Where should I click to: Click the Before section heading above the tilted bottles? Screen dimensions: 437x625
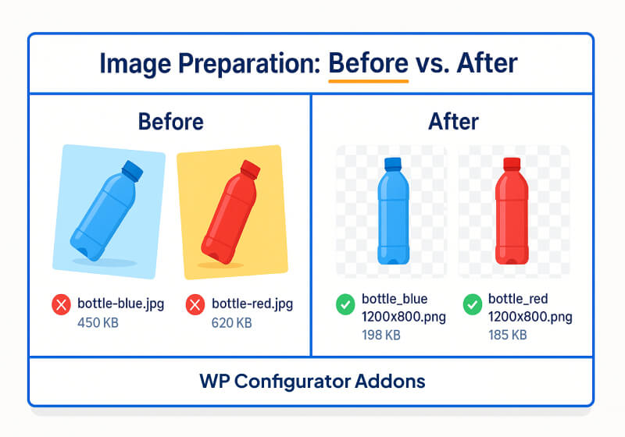pos(170,122)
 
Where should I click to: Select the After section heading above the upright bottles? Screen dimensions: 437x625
pos(453,122)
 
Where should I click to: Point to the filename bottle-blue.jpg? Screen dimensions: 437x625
pos(121,304)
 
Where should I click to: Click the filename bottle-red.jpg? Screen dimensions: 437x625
pos(252,304)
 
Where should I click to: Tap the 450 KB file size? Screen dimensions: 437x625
pos(98,322)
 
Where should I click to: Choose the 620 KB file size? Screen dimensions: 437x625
pos(232,322)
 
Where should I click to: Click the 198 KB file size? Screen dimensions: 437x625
pos(381,336)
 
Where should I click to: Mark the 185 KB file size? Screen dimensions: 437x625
pos(508,336)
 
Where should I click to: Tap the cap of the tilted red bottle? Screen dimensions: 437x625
pos(249,169)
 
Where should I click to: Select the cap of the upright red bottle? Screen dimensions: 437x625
pos(512,164)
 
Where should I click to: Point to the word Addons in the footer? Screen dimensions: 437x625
pos(395,382)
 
